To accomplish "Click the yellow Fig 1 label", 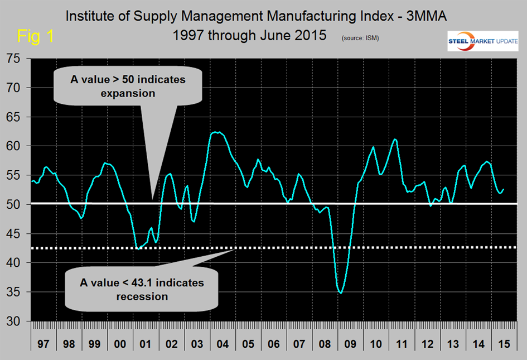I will coord(36,36).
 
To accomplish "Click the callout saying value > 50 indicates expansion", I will coord(128,87).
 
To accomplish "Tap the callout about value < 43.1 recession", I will coord(142,289).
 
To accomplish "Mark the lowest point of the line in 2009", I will coord(341,292).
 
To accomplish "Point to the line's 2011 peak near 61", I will coord(395,139).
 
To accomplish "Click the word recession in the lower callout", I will coord(142,296).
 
